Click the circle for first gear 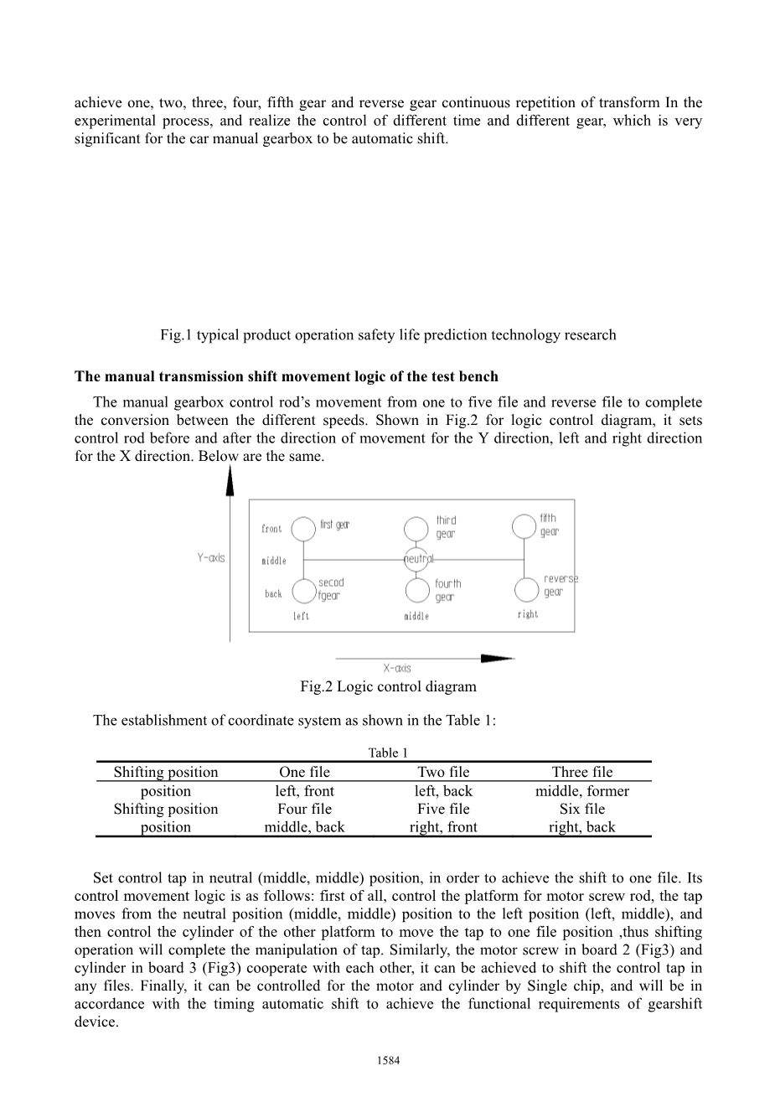coord(302,527)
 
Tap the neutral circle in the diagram coord(416,558)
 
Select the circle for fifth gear coord(524,525)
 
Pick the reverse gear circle coord(526,589)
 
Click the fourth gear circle coord(416,590)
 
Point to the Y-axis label coord(211,557)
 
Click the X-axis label coord(397,668)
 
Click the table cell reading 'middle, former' coord(581,791)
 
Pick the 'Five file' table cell coord(443,809)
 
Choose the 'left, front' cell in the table coord(304,791)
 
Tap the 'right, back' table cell coord(581,827)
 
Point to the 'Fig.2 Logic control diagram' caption coord(388,686)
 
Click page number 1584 coord(388,1060)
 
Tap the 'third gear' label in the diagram coord(446,527)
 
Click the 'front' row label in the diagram coord(271,529)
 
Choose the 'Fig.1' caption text coord(388,335)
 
